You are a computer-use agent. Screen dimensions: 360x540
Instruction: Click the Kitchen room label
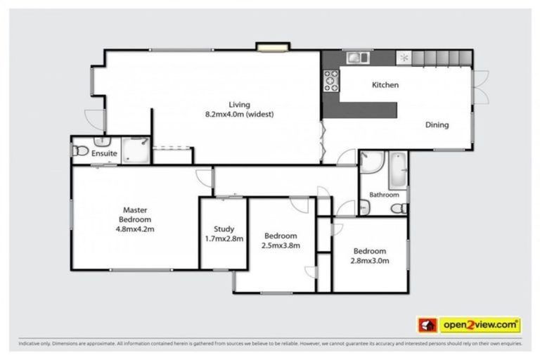tap(385, 85)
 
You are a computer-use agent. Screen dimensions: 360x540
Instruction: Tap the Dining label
tap(437, 125)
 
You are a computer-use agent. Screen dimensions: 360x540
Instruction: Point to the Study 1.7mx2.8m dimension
tap(224, 238)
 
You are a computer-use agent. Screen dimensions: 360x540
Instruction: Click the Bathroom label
tap(385, 195)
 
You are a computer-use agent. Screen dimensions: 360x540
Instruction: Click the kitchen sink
tap(359, 57)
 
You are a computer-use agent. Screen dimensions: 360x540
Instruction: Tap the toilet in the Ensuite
tap(81, 150)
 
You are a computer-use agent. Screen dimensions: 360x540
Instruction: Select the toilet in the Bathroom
tap(398, 208)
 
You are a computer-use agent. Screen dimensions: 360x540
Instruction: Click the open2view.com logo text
tap(480, 325)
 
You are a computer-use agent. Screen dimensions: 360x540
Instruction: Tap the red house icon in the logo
tap(427, 325)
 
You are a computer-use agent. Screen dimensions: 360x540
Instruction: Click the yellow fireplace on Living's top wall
tap(268, 48)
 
